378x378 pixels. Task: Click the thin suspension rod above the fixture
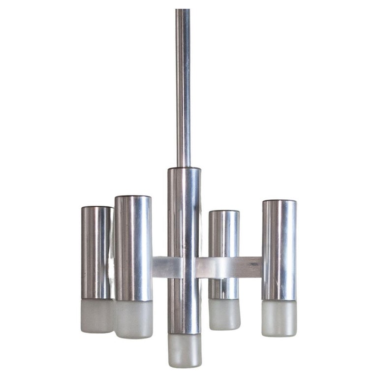pos(183,89)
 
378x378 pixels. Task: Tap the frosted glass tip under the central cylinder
pos(184,350)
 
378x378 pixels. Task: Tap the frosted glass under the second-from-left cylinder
pos(133,319)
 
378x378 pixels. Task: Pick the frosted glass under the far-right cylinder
pos(279,318)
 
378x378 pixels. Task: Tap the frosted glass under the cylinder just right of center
pos(224,314)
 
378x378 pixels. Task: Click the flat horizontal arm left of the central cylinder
pos(160,267)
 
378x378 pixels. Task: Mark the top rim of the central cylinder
pos(184,169)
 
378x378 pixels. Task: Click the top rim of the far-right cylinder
pos(279,201)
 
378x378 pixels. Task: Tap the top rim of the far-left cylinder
pos(96,208)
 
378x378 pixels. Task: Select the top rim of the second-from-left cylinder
pos(133,197)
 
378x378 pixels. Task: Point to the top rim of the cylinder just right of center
pos(224,212)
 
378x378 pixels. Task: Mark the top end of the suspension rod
pos(183,11)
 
